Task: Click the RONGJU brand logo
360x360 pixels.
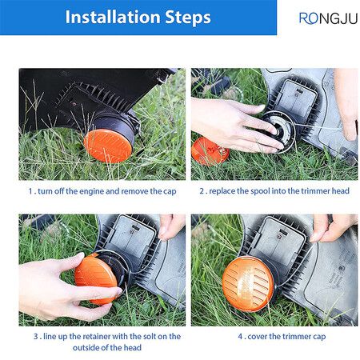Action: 328,18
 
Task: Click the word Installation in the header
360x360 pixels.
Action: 113,17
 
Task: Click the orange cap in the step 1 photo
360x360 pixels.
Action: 108,146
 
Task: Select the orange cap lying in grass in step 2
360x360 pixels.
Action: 210,151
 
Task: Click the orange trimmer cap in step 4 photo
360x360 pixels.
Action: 248,284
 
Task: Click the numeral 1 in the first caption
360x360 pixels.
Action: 30,191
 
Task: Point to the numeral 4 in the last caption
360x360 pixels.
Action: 240,337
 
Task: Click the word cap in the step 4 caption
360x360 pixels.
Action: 319,337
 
